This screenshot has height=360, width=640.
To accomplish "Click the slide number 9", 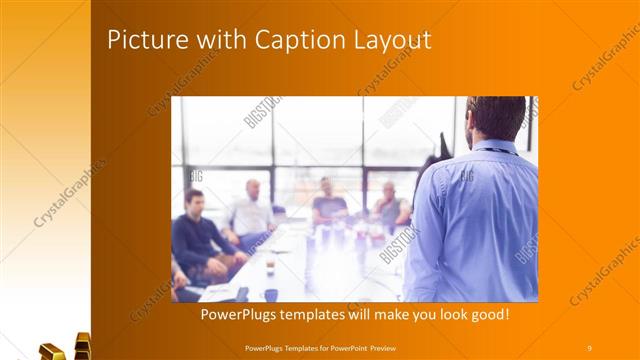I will click(590, 347).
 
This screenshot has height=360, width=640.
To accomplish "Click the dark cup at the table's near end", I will click(271, 294).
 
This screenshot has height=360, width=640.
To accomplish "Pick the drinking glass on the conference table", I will click(270, 263).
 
